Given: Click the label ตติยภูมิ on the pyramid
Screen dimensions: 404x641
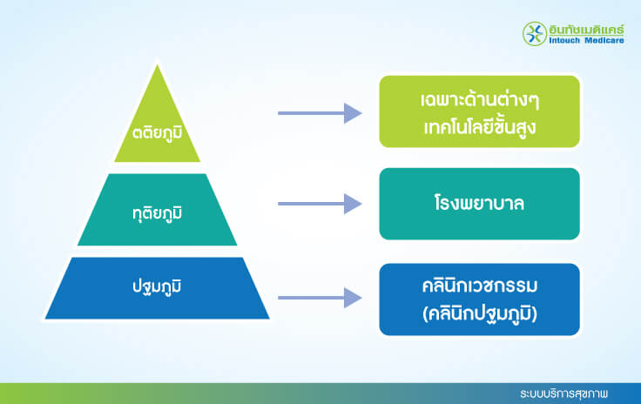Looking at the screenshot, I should [x=158, y=137].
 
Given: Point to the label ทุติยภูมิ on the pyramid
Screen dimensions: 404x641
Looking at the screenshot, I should [x=158, y=212].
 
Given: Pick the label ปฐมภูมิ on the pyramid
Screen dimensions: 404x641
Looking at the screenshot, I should [x=158, y=286].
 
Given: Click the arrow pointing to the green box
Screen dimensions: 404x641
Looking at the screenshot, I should [x=319, y=112].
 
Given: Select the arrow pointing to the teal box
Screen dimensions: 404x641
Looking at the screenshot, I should [x=319, y=204].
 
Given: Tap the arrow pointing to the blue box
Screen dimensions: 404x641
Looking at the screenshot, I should [x=319, y=299].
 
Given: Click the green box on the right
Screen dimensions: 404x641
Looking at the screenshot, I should [x=479, y=111].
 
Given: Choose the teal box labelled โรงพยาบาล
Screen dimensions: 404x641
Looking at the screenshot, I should [x=479, y=204].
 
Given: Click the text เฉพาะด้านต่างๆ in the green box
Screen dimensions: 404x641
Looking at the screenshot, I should [x=479, y=98].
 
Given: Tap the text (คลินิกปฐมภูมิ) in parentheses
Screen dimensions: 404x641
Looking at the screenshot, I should [x=479, y=313].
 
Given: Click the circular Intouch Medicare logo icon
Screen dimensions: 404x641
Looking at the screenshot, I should [x=533, y=33].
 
